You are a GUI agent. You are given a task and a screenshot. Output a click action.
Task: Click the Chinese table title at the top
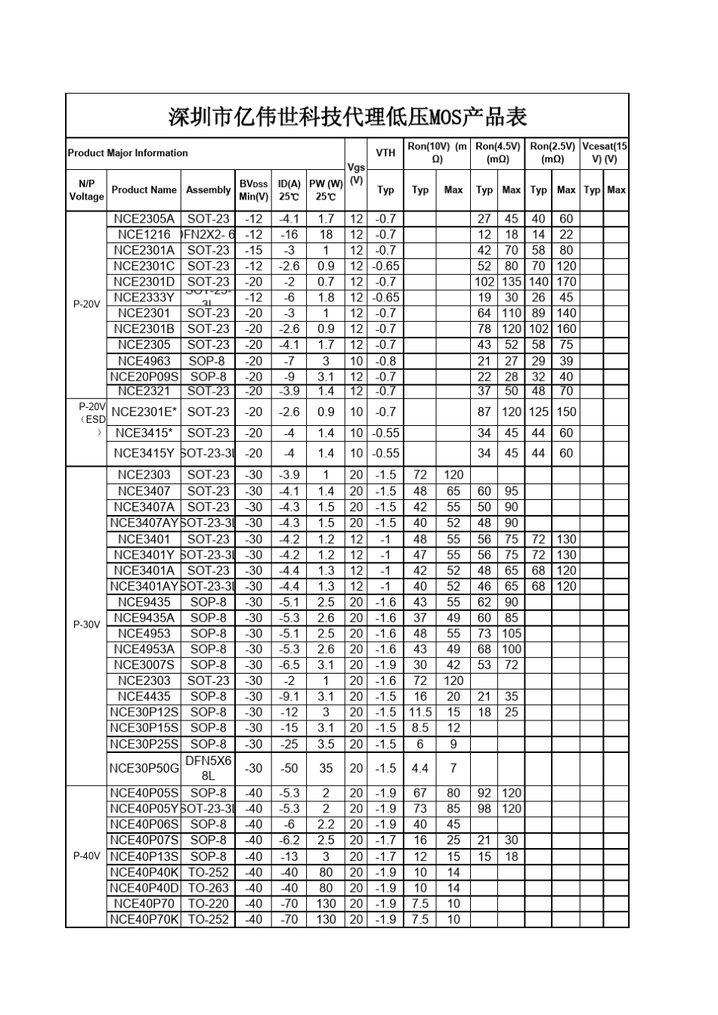(347, 116)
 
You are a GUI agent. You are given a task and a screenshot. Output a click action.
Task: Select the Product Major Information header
(128, 153)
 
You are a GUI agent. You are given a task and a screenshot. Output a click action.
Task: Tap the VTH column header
(385, 153)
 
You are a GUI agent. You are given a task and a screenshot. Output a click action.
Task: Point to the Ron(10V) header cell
(437, 153)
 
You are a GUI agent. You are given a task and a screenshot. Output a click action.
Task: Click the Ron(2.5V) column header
(552, 153)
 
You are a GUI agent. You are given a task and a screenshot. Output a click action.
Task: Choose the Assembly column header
(208, 190)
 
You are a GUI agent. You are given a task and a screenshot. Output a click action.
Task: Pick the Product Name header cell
(144, 190)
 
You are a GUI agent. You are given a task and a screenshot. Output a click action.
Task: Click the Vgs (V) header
(356, 174)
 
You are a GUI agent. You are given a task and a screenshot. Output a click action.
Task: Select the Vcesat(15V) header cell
(605, 153)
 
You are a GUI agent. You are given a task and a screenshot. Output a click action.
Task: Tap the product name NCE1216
(144, 235)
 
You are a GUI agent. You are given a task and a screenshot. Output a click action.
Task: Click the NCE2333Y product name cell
(144, 298)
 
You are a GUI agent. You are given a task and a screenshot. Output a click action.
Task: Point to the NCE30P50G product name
(144, 769)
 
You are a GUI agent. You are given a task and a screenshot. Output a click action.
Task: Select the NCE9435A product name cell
(144, 618)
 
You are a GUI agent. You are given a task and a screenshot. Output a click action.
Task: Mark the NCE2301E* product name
(144, 412)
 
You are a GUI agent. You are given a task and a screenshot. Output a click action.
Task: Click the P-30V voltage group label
(86, 625)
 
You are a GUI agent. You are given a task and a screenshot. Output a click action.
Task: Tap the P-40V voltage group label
(86, 856)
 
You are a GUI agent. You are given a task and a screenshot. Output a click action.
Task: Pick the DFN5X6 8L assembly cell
(208, 768)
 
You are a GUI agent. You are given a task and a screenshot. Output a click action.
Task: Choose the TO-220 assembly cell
(208, 904)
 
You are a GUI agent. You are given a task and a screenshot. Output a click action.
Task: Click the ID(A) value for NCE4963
(289, 361)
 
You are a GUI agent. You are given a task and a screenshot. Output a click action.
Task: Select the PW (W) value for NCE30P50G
(326, 769)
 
